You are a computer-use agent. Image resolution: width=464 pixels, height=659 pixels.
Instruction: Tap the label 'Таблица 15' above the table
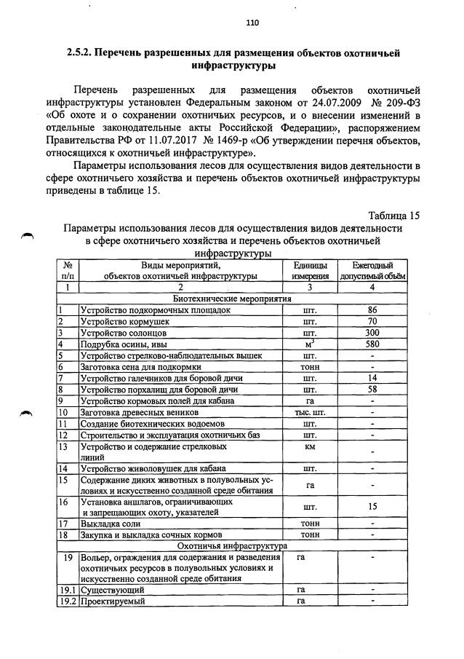[394, 215]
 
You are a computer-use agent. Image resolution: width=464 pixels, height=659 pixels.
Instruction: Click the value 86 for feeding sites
[372, 309]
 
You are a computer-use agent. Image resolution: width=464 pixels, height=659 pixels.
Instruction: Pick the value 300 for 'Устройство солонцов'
[372, 333]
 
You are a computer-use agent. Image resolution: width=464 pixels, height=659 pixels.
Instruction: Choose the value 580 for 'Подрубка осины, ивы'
[372, 344]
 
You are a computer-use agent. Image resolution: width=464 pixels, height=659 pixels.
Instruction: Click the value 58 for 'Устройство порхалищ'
[372, 390]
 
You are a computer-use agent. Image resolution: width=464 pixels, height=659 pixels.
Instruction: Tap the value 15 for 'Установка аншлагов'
[372, 506]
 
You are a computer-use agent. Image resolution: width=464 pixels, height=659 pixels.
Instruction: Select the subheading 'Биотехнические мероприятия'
[231, 298]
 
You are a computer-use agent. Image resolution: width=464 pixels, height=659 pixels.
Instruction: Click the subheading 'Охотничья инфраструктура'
[231, 545]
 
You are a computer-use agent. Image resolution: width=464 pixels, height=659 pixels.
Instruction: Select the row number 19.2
[67, 601]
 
